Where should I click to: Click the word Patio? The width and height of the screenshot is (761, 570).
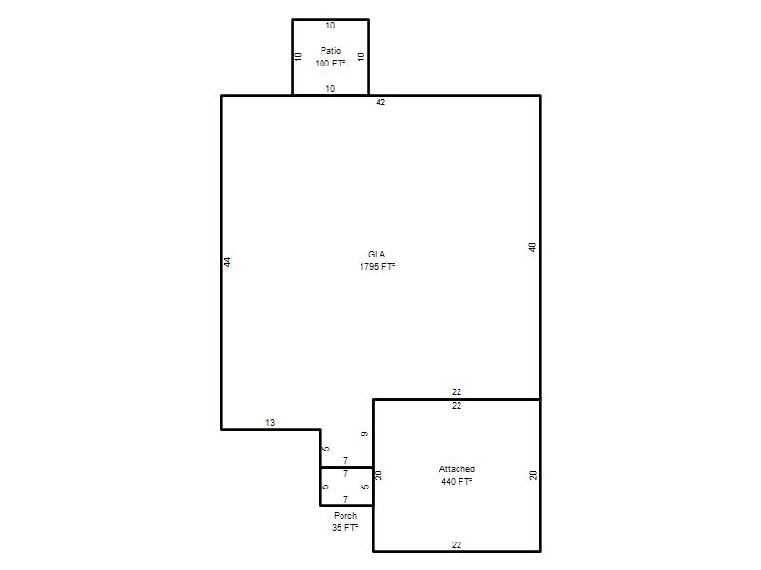[330, 51]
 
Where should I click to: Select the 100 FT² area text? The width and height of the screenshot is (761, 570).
[330, 63]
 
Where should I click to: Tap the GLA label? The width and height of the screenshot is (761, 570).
[377, 254]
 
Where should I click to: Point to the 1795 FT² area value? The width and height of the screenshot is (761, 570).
[377, 266]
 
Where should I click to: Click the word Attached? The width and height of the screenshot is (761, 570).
[457, 468]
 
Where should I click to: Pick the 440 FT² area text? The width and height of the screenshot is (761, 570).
[457, 481]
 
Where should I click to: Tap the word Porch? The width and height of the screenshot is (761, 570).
[345, 515]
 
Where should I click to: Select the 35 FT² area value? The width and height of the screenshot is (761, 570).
[345, 527]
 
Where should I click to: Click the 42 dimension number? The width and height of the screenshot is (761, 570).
[380, 103]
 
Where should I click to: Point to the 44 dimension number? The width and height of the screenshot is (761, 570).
[227, 262]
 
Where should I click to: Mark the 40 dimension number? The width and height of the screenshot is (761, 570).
[532, 247]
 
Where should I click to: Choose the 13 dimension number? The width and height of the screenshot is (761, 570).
[270, 422]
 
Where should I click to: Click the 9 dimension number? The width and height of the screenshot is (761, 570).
[364, 434]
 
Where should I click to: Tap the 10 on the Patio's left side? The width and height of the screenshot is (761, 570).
[298, 57]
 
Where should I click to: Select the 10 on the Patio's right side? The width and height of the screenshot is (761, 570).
[361, 57]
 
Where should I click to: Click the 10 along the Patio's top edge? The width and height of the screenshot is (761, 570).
[330, 26]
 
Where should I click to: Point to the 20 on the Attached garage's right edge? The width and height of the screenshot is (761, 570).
[533, 475]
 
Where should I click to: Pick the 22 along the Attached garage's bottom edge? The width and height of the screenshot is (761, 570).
[457, 544]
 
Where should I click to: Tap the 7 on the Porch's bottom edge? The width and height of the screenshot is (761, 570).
[345, 499]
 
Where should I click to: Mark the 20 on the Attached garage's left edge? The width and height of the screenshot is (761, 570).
[379, 475]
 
